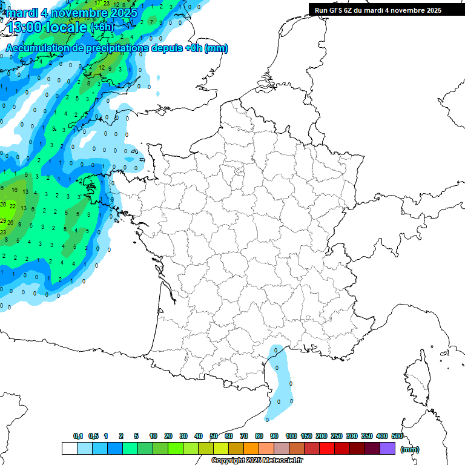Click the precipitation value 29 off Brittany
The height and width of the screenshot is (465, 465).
point(3,221)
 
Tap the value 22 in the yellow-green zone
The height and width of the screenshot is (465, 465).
point(13,206)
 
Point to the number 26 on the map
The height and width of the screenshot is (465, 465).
point(10,223)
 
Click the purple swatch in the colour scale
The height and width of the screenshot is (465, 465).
point(387,449)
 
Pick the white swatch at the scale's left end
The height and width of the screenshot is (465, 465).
point(69,449)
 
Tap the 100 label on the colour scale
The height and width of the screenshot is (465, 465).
point(291,437)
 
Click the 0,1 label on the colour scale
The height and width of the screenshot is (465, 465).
point(78,437)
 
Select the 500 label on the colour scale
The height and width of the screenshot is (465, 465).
point(397,437)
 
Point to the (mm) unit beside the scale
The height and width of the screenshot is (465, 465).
point(410,449)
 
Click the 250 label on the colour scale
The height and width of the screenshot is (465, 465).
point(337,437)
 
